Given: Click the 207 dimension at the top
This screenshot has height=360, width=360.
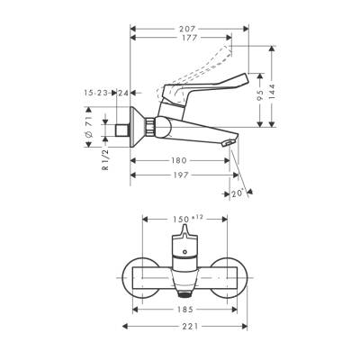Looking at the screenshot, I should [x=186, y=28].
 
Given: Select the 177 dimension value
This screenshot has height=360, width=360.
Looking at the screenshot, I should [x=186, y=40].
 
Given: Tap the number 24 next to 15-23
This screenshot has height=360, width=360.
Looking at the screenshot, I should [x=123, y=92].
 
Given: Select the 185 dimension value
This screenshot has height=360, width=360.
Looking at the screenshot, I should [x=183, y=309].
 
